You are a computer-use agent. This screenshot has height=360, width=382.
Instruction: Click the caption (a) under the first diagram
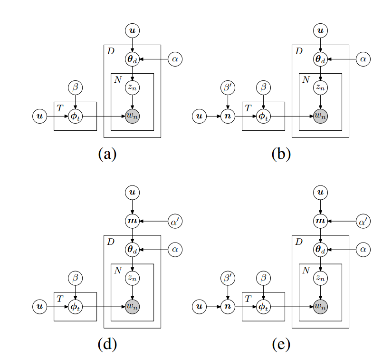pos(107,154)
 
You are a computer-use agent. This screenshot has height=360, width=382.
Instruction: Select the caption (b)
pos(281,154)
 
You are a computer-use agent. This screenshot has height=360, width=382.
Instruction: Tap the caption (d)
pos(107,344)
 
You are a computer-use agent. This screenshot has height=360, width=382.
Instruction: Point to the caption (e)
pos(281,344)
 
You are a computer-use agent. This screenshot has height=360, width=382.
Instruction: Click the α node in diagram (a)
pos(175,59)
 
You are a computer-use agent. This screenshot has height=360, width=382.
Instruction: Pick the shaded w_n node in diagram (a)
pos(133,116)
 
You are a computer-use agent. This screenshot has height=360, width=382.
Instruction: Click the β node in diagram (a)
pos(75,88)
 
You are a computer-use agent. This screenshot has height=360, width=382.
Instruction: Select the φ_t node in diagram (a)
pos(75,116)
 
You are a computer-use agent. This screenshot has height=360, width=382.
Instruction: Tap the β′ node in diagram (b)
pos(228,88)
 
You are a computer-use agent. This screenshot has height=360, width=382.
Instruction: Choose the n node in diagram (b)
pos(228,116)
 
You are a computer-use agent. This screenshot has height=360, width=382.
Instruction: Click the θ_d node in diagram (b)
pos(321,59)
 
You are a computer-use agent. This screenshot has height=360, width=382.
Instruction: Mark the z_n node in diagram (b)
pos(321,88)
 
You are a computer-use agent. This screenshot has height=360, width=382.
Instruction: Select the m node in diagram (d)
pos(133,221)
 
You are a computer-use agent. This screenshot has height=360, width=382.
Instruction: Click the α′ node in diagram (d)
pos(175,221)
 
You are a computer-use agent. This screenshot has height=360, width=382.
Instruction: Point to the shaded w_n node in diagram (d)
pos(133,306)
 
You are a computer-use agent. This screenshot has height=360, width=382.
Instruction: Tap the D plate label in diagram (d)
pos(111,242)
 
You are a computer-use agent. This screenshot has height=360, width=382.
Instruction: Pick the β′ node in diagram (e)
pos(228,278)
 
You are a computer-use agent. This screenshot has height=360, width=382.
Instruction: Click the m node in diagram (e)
pos(321,221)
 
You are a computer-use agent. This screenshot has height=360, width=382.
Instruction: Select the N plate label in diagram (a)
pos(117,79)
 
